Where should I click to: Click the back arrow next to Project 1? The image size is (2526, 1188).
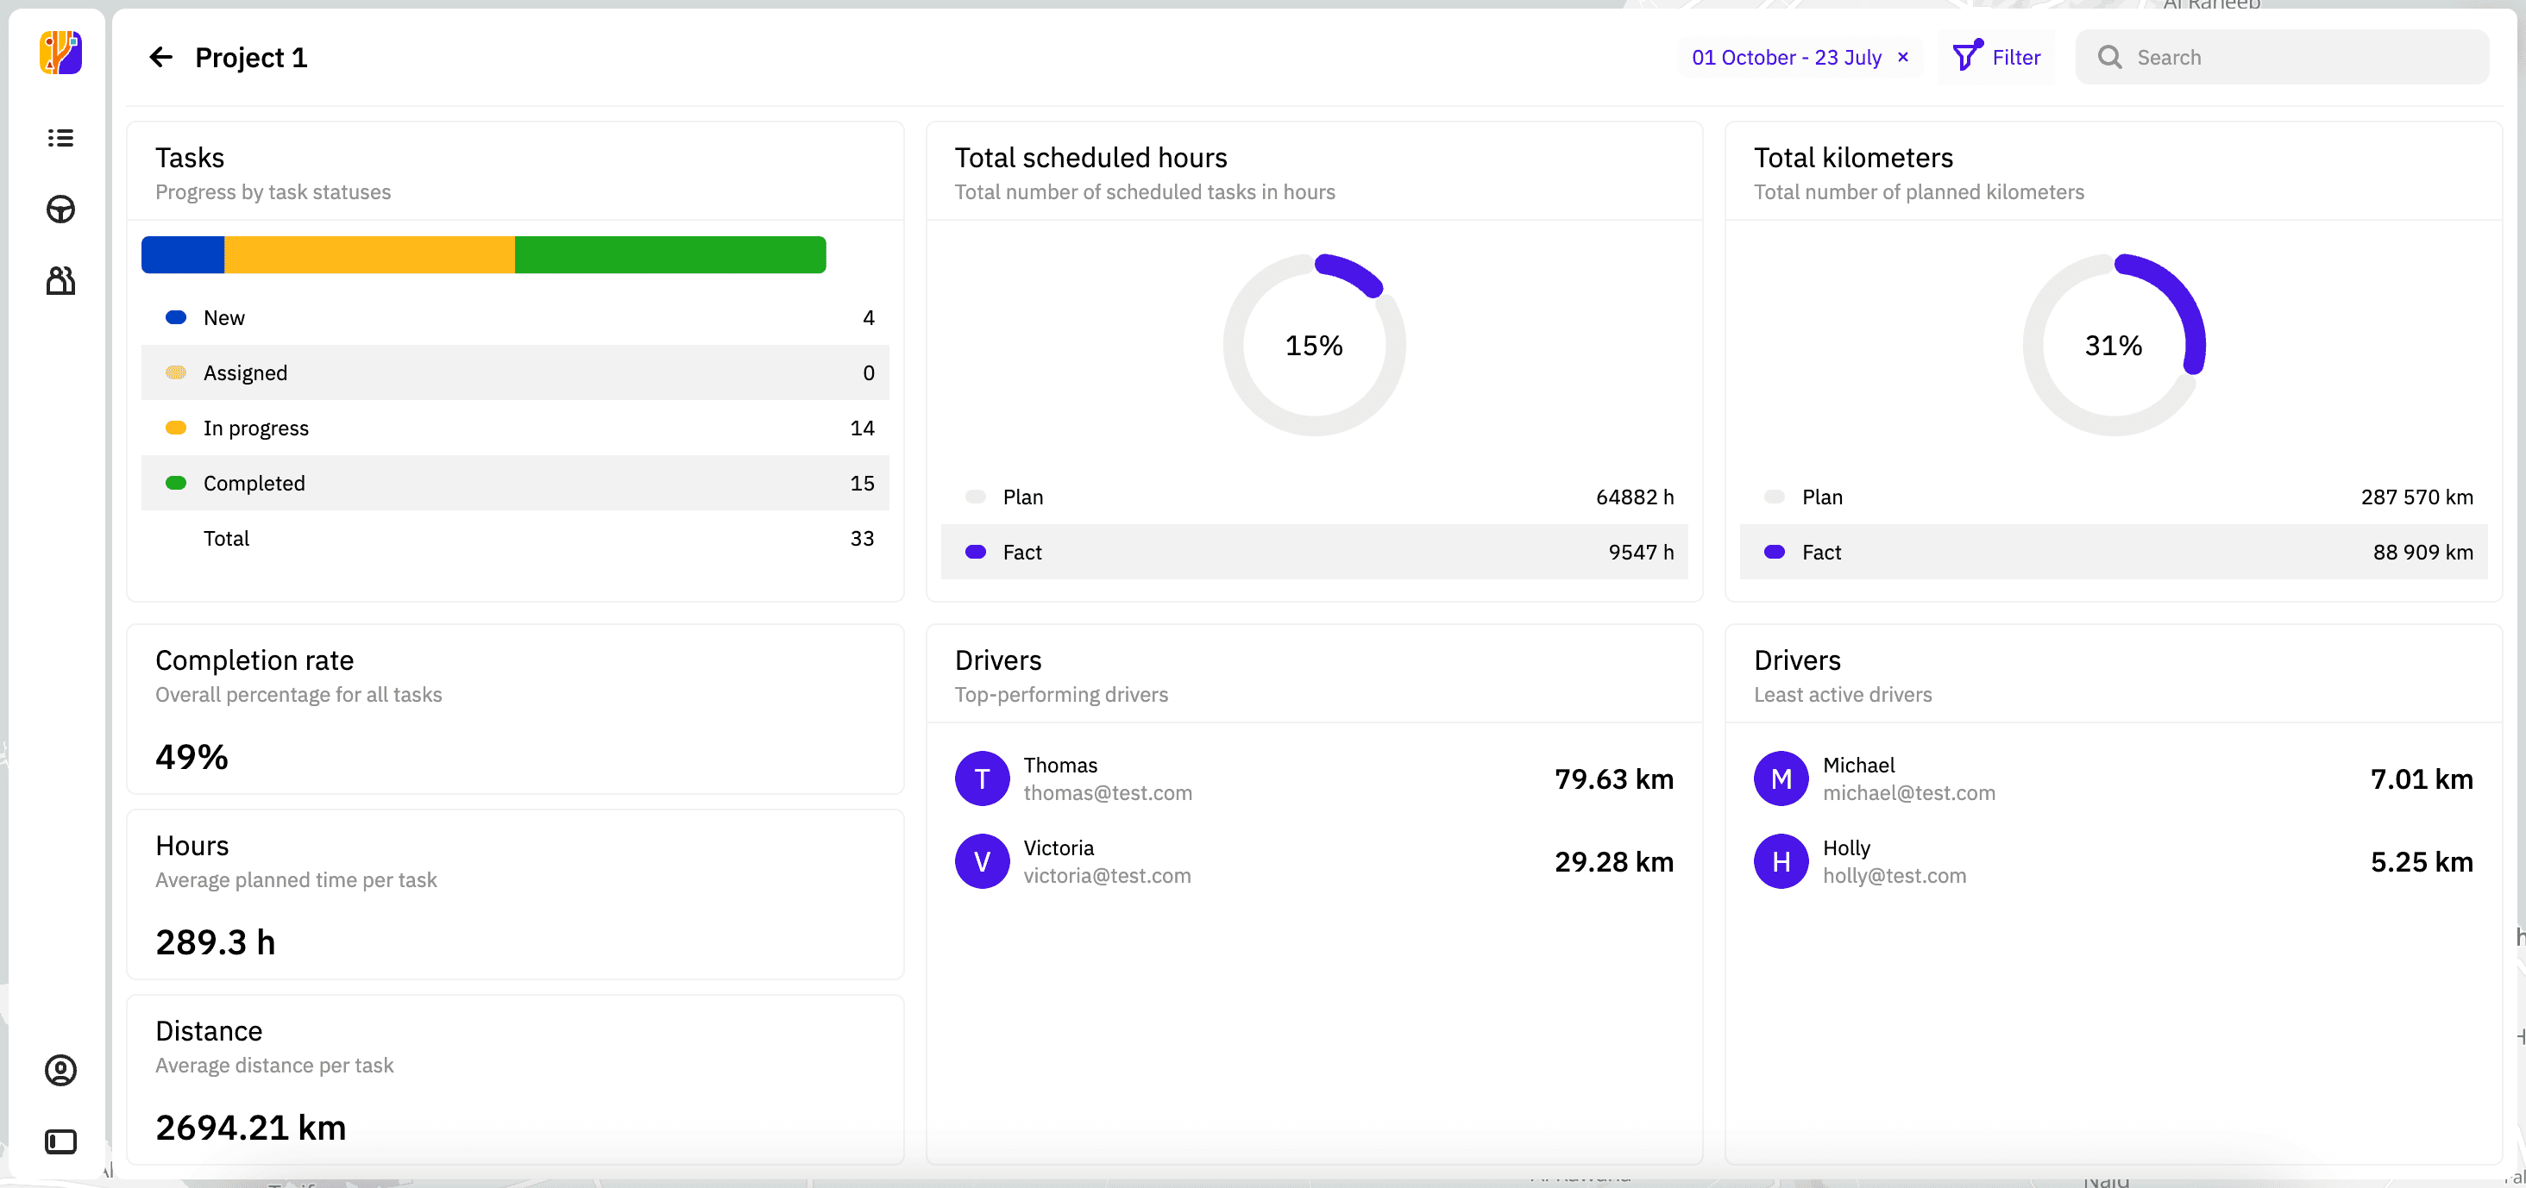click(x=160, y=58)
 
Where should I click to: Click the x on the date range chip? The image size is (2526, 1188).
click(x=1903, y=57)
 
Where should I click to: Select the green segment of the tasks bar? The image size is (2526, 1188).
click(x=669, y=255)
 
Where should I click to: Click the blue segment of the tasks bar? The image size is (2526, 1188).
click(x=182, y=255)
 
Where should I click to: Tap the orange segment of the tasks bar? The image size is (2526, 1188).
click(x=368, y=255)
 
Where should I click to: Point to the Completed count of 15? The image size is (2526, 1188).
click(x=861, y=484)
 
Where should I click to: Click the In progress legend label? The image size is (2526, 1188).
click(x=256, y=428)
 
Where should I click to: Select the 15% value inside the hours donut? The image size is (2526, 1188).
click(x=1314, y=346)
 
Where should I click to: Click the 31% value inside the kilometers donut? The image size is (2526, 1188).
click(x=2113, y=346)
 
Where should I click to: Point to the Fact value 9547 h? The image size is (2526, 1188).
click(x=1641, y=553)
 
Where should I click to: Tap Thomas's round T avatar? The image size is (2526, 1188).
click(x=982, y=779)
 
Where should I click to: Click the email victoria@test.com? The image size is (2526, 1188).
click(x=1107, y=876)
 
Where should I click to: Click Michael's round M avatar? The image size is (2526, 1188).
click(x=1781, y=779)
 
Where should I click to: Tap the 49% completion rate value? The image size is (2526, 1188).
click(x=192, y=758)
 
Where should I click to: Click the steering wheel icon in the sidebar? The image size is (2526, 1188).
click(x=60, y=209)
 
